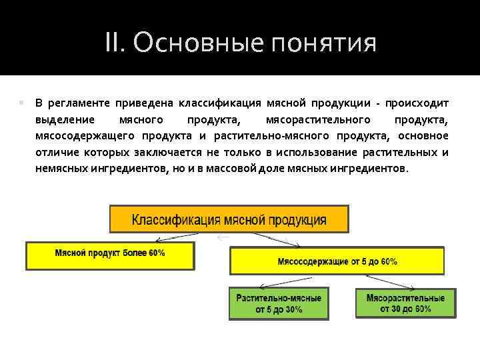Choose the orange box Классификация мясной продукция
[x=229, y=219]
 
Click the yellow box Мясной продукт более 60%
[x=110, y=256]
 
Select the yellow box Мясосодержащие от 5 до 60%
[x=337, y=261]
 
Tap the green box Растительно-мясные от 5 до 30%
[x=278, y=303]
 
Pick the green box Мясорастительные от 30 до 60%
[x=405, y=303]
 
